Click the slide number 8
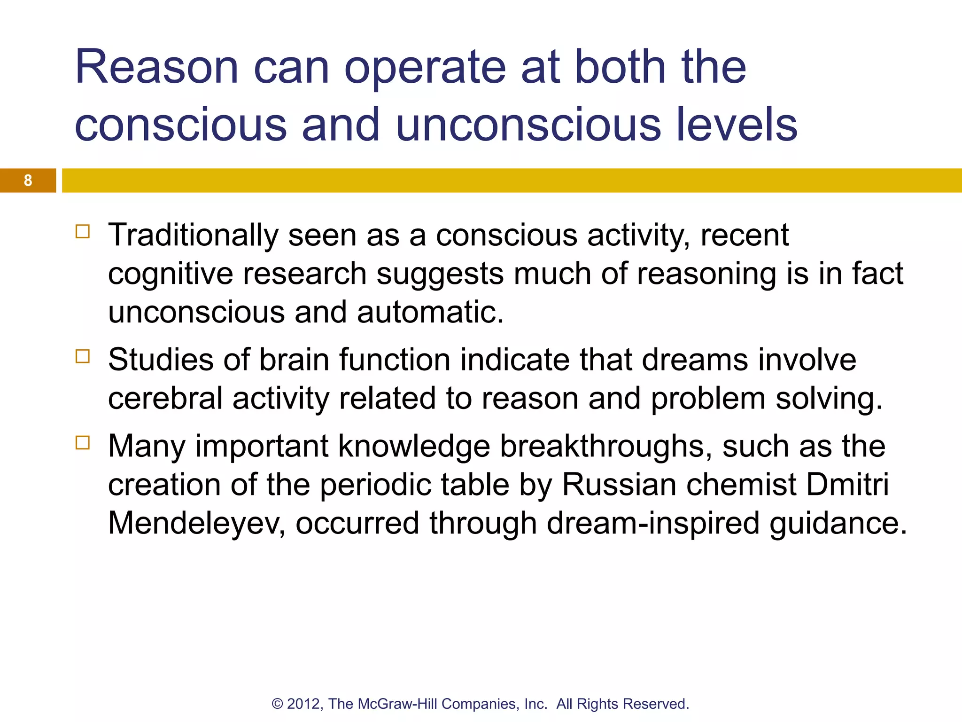[28, 180]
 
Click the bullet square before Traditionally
[83, 232]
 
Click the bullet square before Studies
[83, 356]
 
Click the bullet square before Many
[83, 443]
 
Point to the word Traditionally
[193, 235]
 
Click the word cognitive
[171, 274]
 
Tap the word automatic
[430, 313]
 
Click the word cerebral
[165, 399]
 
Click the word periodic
[375, 485]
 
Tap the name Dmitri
[847, 485]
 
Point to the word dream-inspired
[653, 523]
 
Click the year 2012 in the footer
[304, 704]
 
